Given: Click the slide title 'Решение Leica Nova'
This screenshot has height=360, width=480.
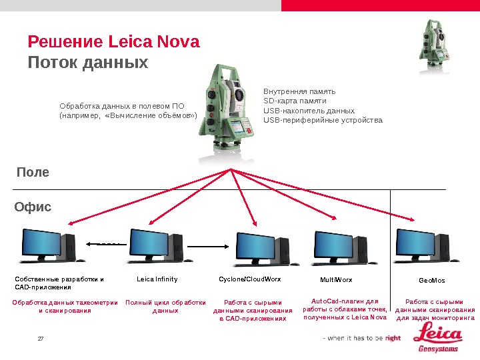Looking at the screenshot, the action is [x=113, y=42].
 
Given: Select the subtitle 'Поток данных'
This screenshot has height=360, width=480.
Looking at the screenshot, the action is [x=87, y=63].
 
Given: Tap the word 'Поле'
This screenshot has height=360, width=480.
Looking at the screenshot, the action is [x=33, y=172].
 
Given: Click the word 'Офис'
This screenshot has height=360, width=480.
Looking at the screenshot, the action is [x=33, y=207].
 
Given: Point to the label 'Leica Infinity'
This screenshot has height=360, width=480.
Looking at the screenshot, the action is [x=157, y=279].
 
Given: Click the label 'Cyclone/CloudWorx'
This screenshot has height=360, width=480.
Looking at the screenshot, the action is [x=250, y=279].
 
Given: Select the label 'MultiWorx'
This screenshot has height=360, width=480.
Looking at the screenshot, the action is [x=336, y=280].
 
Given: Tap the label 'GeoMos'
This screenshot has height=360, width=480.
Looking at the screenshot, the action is [x=431, y=281].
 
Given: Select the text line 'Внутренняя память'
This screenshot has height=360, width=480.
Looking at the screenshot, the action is [x=299, y=91].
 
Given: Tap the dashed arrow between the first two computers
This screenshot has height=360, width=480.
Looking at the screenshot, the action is [x=106, y=244].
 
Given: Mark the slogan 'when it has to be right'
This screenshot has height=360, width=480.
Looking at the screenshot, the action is [x=362, y=338].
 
